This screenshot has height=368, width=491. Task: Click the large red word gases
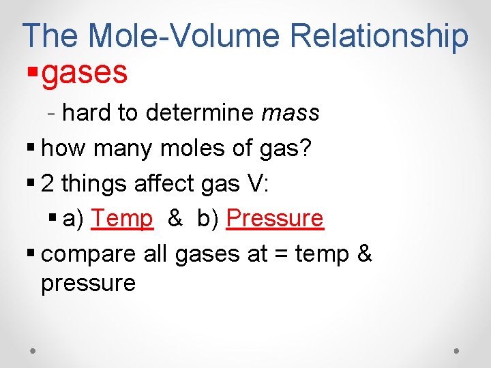85,72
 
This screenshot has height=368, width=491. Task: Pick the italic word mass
290,113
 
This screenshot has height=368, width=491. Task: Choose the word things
92,183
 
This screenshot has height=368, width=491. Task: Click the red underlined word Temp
122,219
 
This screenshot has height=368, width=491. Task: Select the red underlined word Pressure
274,219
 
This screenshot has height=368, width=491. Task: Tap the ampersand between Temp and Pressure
175,219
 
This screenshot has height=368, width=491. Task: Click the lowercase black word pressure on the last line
89,283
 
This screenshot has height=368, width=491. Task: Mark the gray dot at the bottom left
33,350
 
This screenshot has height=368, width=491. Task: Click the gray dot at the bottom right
457,350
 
